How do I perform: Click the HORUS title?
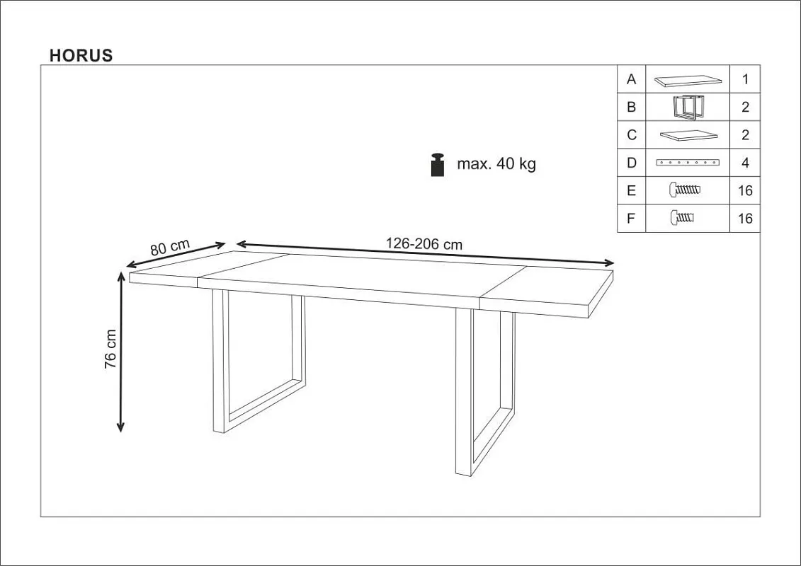pyautogui.click(x=81, y=55)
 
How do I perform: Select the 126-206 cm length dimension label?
pyautogui.click(x=424, y=244)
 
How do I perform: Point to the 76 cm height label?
pyautogui.click(x=110, y=349)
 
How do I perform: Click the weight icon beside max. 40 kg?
pyautogui.click(x=438, y=164)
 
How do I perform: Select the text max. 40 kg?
pyautogui.click(x=496, y=164)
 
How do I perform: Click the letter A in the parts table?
pyautogui.click(x=632, y=79)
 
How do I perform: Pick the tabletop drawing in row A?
pyautogui.click(x=688, y=80)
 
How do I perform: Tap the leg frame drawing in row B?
pyautogui.click(x=688, y=108)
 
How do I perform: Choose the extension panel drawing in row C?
pyautogui.click(x=688, y=134)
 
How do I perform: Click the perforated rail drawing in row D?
pyautogui.click(x=688, y=163)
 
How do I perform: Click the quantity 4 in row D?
pyautogui.click(x=745, y=163)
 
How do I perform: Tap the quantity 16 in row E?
pyautogui.click(x=745, y=190)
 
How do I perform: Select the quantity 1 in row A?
pyautogui.click(x=745, y=79)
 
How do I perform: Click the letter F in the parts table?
pyautogui.click(x=631, y=219)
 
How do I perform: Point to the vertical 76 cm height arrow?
pyautogui.click(x=120, y=352)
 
